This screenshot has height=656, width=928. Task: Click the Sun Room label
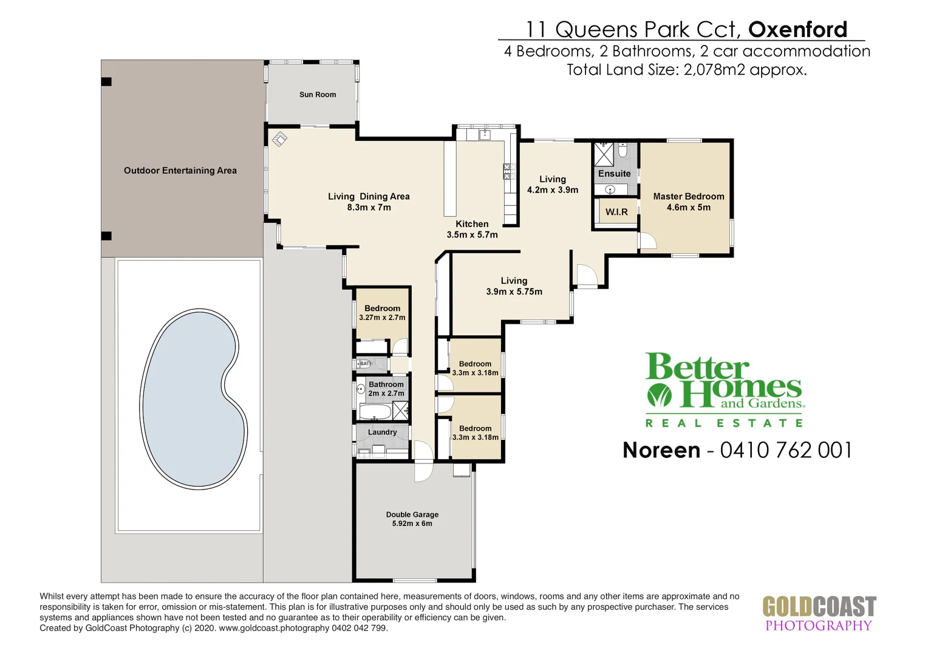(x=317, y=95)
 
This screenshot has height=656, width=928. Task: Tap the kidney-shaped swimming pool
(x=193, y=398)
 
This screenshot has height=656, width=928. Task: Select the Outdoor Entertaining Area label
(x=180, y=171)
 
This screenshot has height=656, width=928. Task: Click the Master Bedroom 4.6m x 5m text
(x=688, y=202)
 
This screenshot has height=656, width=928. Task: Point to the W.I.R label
(x=616, y=212)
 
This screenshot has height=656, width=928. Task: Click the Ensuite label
(x=614, y=174)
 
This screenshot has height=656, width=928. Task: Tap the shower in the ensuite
(x=603, y=154)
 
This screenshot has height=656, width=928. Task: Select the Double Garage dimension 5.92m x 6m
(x=412, y=524)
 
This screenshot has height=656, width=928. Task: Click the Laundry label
(x=382, y=432)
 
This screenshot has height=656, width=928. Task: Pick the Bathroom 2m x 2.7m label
(x=386, y=389)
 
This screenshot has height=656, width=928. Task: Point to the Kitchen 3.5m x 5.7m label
(x=472, y=229)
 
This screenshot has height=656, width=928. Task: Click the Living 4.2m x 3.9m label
(x=552, y=185)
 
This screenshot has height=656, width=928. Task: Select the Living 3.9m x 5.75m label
(x=514, y=286)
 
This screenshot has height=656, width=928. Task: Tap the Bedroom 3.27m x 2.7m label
(x=382, y=313)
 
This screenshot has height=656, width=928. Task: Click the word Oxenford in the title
(x=797, y=29)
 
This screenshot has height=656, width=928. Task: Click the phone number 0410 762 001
(x=786, y=450)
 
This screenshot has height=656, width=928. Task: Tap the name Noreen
(x=661, y=450)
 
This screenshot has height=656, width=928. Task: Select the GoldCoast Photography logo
(x=819, y=614)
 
